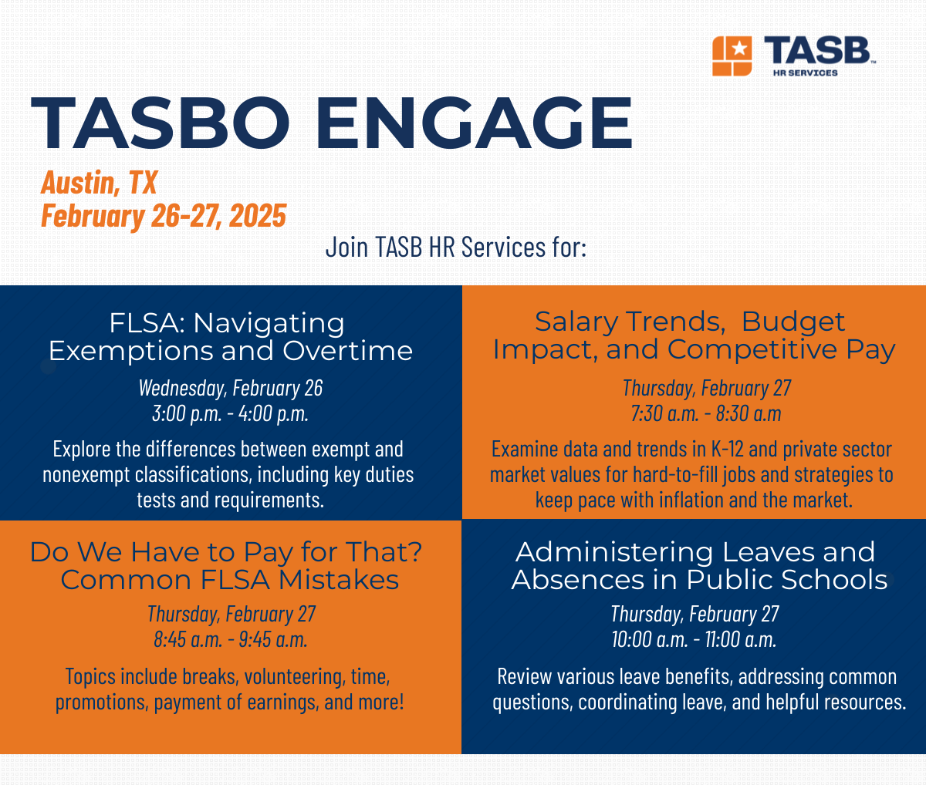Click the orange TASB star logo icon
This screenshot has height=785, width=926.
[732, 56]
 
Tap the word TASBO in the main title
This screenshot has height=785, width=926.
[161, 123]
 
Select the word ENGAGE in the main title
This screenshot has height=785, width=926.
[474, 123]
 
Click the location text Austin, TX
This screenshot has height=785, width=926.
[99, 183]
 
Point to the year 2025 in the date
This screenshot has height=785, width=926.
[258, 216]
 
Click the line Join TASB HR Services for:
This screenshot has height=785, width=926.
[456, 248]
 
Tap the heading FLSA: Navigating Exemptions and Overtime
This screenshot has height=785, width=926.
[230, 337]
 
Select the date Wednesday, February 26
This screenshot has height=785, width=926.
[230, 387]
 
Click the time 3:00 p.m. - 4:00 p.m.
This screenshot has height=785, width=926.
[230, 413]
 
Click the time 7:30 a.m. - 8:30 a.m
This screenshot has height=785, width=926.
[706, 413]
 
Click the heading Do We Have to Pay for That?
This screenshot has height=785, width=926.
[226, 552]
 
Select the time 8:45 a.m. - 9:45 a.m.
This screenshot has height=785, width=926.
[230, 639]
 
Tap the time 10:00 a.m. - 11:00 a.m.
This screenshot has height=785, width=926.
[694, 639]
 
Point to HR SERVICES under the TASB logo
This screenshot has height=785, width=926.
[805, 73]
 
